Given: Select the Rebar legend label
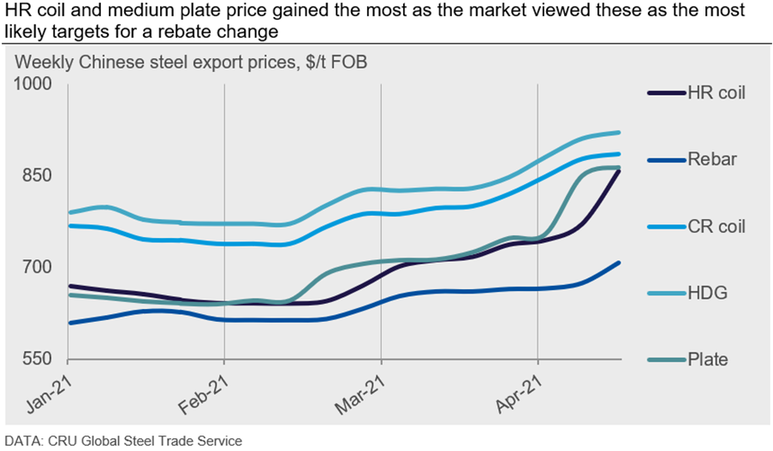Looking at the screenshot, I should (712, 159).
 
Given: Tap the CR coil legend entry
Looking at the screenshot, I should (717, 226).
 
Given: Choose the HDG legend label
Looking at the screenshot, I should (707, 293).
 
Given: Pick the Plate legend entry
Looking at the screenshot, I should (708, 359).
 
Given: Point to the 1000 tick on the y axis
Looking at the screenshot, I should (33, 84).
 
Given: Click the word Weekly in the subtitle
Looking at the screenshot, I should (44, 62).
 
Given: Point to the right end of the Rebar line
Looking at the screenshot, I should (619, 263).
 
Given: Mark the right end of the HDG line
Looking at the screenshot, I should (619, 133).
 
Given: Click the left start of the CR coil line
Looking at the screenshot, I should (68, 225).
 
